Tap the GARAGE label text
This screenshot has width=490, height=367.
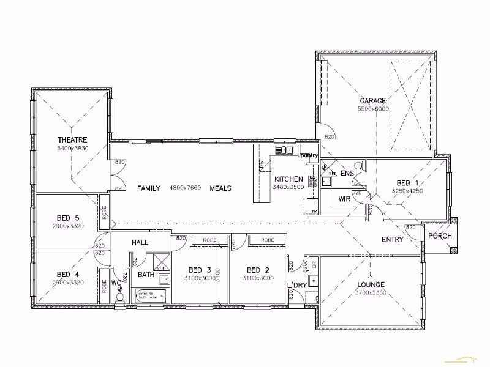tap(372, 101)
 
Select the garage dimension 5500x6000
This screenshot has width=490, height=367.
tap(373, 109)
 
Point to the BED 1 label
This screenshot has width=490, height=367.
tap(408, 183)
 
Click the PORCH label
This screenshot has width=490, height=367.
tap(439, 236)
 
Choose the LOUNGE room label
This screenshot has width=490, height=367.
tap(372, 284)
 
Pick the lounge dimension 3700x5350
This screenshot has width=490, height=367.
tap(372, 292)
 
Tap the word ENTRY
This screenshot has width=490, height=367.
tap(392, 239)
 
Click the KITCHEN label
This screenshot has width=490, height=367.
tap(287, 179)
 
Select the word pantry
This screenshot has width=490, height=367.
tap(309, 156)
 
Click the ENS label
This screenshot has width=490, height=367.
tap(347, 174)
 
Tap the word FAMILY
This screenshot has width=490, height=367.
tap(149, 188)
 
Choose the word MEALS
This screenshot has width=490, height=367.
tap(221, 188)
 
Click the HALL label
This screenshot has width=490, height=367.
tap(140, 242)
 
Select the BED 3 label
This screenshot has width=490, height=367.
tap(200, 270)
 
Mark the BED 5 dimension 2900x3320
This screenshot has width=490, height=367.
tap(68, 225)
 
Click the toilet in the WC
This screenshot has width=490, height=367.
tap(120, 296)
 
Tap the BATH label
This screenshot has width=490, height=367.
tap(146, 275)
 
